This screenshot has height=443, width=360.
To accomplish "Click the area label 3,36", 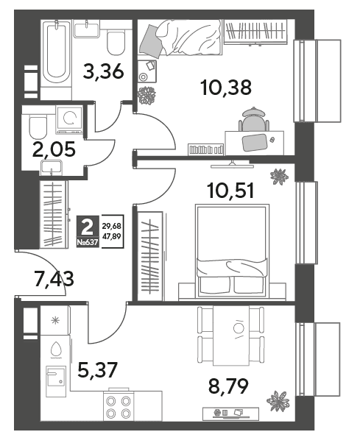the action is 103,71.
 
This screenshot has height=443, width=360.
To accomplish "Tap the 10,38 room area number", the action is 226,88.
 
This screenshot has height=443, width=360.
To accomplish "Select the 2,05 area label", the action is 54,149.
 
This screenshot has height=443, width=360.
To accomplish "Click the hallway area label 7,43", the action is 54,278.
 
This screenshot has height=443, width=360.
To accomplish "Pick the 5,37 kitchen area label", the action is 97,370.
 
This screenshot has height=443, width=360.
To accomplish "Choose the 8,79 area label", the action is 228,386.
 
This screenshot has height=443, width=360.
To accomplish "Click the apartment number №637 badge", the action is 88,242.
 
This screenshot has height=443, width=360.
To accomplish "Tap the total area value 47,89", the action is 112,236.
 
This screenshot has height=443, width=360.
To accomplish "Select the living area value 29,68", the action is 112,226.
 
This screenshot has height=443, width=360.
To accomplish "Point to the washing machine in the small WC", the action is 69,119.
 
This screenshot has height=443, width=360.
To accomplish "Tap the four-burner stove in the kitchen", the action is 118,407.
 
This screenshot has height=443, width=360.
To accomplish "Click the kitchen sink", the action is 56,377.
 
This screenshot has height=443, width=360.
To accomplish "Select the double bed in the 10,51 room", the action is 233,251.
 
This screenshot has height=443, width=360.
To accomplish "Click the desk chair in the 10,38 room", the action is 254,119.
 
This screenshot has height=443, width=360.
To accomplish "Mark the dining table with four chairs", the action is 231,336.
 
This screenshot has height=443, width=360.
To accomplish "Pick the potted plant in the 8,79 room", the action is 278,401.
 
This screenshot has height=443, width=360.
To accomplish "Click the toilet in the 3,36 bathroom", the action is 116,43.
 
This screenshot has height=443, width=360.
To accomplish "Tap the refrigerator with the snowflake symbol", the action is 54,320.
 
